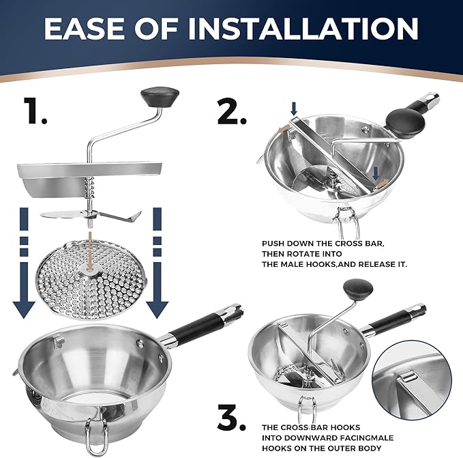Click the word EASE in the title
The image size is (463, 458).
pos(92,29)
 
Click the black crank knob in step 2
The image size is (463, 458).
pos(405,124)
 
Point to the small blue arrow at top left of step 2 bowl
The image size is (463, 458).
pos(293,109)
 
